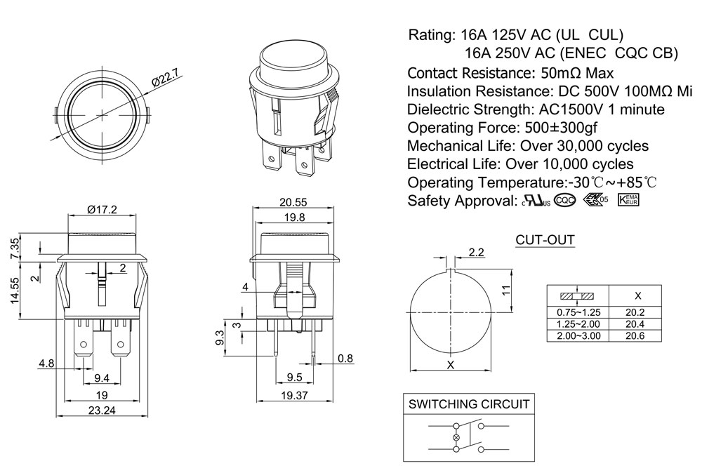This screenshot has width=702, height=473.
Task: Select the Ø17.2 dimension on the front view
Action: (x=102, y=208)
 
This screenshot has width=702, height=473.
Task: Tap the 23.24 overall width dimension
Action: (x=101, y=411)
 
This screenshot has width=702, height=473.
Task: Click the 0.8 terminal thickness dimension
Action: (x=345, y=359)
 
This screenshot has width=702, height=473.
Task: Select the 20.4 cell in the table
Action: (x=635, y=324)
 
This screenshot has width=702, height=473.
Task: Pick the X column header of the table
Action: (x=637, y=295)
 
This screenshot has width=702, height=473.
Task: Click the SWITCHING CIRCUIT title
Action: (x=469, y=404)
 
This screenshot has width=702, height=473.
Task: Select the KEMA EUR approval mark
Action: (x=629, y=200)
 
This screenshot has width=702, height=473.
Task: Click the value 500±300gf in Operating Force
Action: (x=559, y=128)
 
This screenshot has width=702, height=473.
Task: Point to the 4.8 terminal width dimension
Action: (x=46, y=363)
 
